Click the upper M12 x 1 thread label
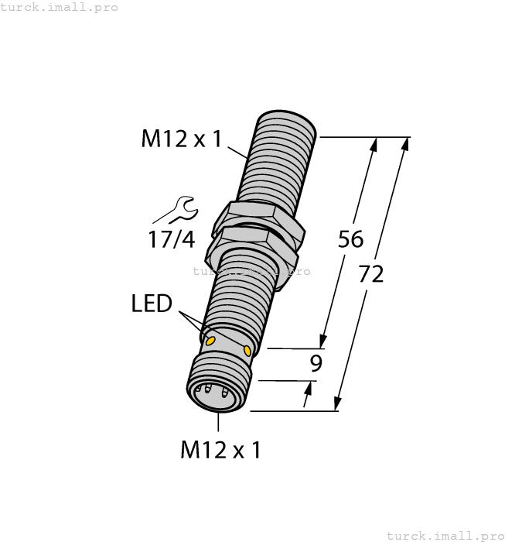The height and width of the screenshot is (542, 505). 181,139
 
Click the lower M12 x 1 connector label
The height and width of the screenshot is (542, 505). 220,450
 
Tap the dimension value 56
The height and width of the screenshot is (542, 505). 350,239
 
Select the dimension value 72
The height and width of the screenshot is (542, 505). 371,273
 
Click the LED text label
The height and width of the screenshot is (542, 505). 151,304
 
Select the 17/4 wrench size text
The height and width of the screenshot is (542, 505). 172,240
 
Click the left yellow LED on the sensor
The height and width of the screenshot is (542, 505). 209,338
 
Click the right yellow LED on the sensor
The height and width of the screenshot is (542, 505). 247,352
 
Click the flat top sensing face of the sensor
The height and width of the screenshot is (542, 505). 286,125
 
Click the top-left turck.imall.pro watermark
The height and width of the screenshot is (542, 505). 59,7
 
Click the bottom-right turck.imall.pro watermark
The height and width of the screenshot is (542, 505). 444,535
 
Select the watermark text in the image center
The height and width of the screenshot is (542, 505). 251,271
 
